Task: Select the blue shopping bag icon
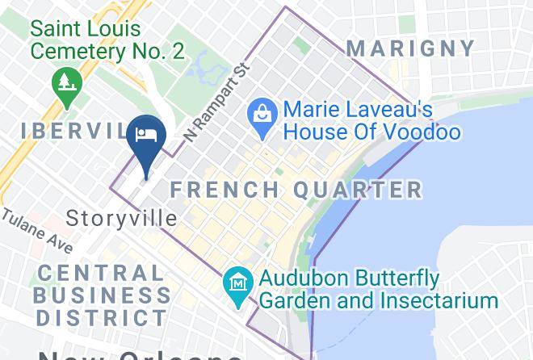[262, 112]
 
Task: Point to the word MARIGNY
[411, 48]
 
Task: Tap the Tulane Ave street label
[36, 232]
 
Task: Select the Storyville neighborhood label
[122, 218]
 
